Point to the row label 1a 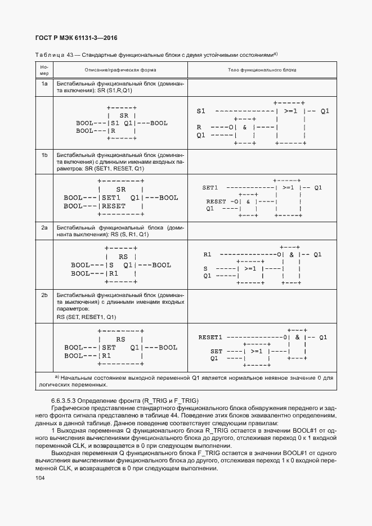[44, 83]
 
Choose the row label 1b [44, 154]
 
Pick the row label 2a [44, 227]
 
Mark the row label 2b [44, 294]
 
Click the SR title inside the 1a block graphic [124, 115]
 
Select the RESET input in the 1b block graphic [114, 206]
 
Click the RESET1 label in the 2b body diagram [210, 338]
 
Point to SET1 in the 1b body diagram [210, 187]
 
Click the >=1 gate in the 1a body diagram [291, 111]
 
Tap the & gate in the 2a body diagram [291, 255]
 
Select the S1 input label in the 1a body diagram [201, 111]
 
